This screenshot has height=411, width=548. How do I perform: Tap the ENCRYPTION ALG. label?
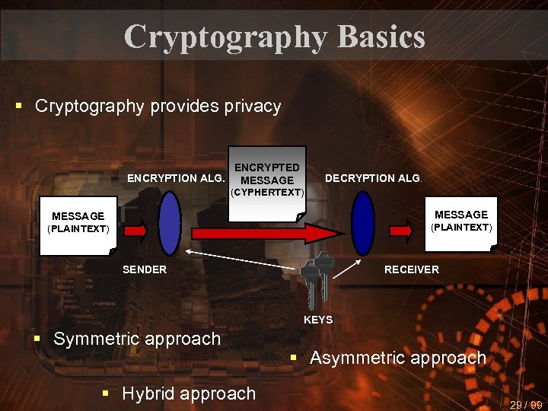(176, 179)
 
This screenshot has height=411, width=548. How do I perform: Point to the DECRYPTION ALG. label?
(373, 178)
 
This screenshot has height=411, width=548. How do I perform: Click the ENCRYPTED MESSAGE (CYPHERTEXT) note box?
(266, 180)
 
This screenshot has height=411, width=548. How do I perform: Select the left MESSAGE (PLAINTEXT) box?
(78, 222)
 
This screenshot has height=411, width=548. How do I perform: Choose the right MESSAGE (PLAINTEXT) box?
(461, 221)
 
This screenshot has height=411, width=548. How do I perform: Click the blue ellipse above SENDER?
(169, 222)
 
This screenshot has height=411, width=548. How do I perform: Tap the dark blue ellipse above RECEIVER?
(363, 222)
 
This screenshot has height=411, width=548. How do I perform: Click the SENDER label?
(145, 269)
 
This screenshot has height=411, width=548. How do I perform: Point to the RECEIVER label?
(411, 269)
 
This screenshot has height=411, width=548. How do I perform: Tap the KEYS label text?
(318, 320)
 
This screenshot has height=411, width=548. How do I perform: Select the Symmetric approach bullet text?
(137, 339)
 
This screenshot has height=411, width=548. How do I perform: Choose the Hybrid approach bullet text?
(189, 393)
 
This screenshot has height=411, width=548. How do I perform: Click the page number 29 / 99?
(526, 405)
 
